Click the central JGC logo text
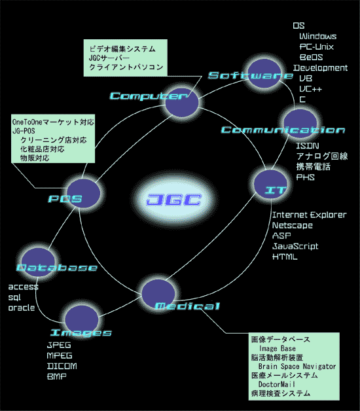[x=174, y=200]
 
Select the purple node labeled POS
[x=83, y=194]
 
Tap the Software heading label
[x=251, y=75]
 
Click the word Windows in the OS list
[x=318, y=36]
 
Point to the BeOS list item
[x=311, y=57]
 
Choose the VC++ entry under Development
[x=310, y=89]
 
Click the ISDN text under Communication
[x=308, y=146]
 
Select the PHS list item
[x=306, y=177]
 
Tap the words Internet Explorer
[x=310, y=215]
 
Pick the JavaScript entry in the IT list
[x=295, y=246]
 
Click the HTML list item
[x=285, y=257]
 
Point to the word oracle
[x=22, y=308]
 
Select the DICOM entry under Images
[x=62, y=366]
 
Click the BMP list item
[x=57, y=376]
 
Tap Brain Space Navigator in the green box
[x=297, y=366]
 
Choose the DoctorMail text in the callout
[x=277, y=384]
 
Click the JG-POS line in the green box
[x=24, y=131]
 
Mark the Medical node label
[x=187, y=306]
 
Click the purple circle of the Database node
[x=38, y=262]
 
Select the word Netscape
[x=293, y=225]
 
